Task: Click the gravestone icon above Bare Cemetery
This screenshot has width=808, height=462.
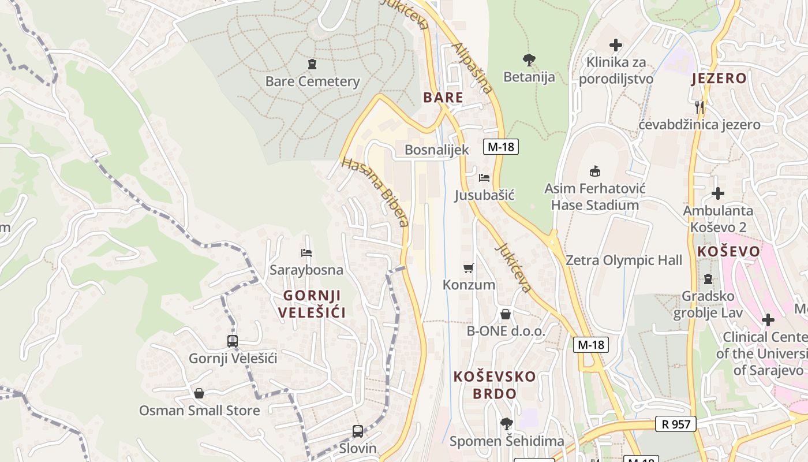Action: (312, 64)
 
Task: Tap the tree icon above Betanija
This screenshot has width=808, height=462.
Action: (529, 59)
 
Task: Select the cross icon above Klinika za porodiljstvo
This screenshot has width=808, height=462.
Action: (616, 44)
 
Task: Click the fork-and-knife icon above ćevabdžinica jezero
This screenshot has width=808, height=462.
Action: (699, 107)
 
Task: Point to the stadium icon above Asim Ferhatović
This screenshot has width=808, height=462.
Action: (594, 171)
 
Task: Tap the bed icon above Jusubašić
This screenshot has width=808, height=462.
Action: (484, 177)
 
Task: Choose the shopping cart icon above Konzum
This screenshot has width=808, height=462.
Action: (469, 268)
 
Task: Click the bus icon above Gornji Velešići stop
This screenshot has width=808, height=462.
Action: (233, 341)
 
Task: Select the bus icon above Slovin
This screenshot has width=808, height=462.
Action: (358, 431)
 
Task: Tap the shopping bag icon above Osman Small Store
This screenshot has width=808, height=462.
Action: (199, 393)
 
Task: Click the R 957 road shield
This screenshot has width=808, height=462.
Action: (676, 424)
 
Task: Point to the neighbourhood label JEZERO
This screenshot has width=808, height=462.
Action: (719, 79)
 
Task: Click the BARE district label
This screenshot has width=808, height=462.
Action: (443, 97)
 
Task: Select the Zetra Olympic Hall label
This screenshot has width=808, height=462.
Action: (623, 260)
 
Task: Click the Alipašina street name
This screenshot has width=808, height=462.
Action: (473, 68)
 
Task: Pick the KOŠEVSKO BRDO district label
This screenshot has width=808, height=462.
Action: (495, 385)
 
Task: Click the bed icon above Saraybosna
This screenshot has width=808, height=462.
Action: (306, 253)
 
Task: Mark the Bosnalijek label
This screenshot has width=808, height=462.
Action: (437, 150)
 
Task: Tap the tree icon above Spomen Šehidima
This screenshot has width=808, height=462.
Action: (506, 424)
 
